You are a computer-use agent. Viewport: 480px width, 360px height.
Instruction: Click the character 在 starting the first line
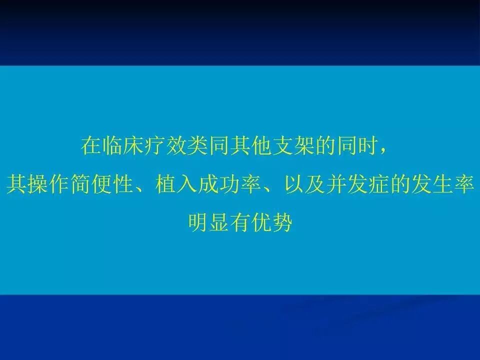[91, 145]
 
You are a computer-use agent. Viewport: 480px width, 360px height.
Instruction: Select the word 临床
[123, 145]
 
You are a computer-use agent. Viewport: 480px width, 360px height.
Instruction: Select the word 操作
[48, 184]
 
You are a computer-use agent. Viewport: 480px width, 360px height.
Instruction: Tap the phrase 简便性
[102, 184]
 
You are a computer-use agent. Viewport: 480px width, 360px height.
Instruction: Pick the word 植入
[177, 184]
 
